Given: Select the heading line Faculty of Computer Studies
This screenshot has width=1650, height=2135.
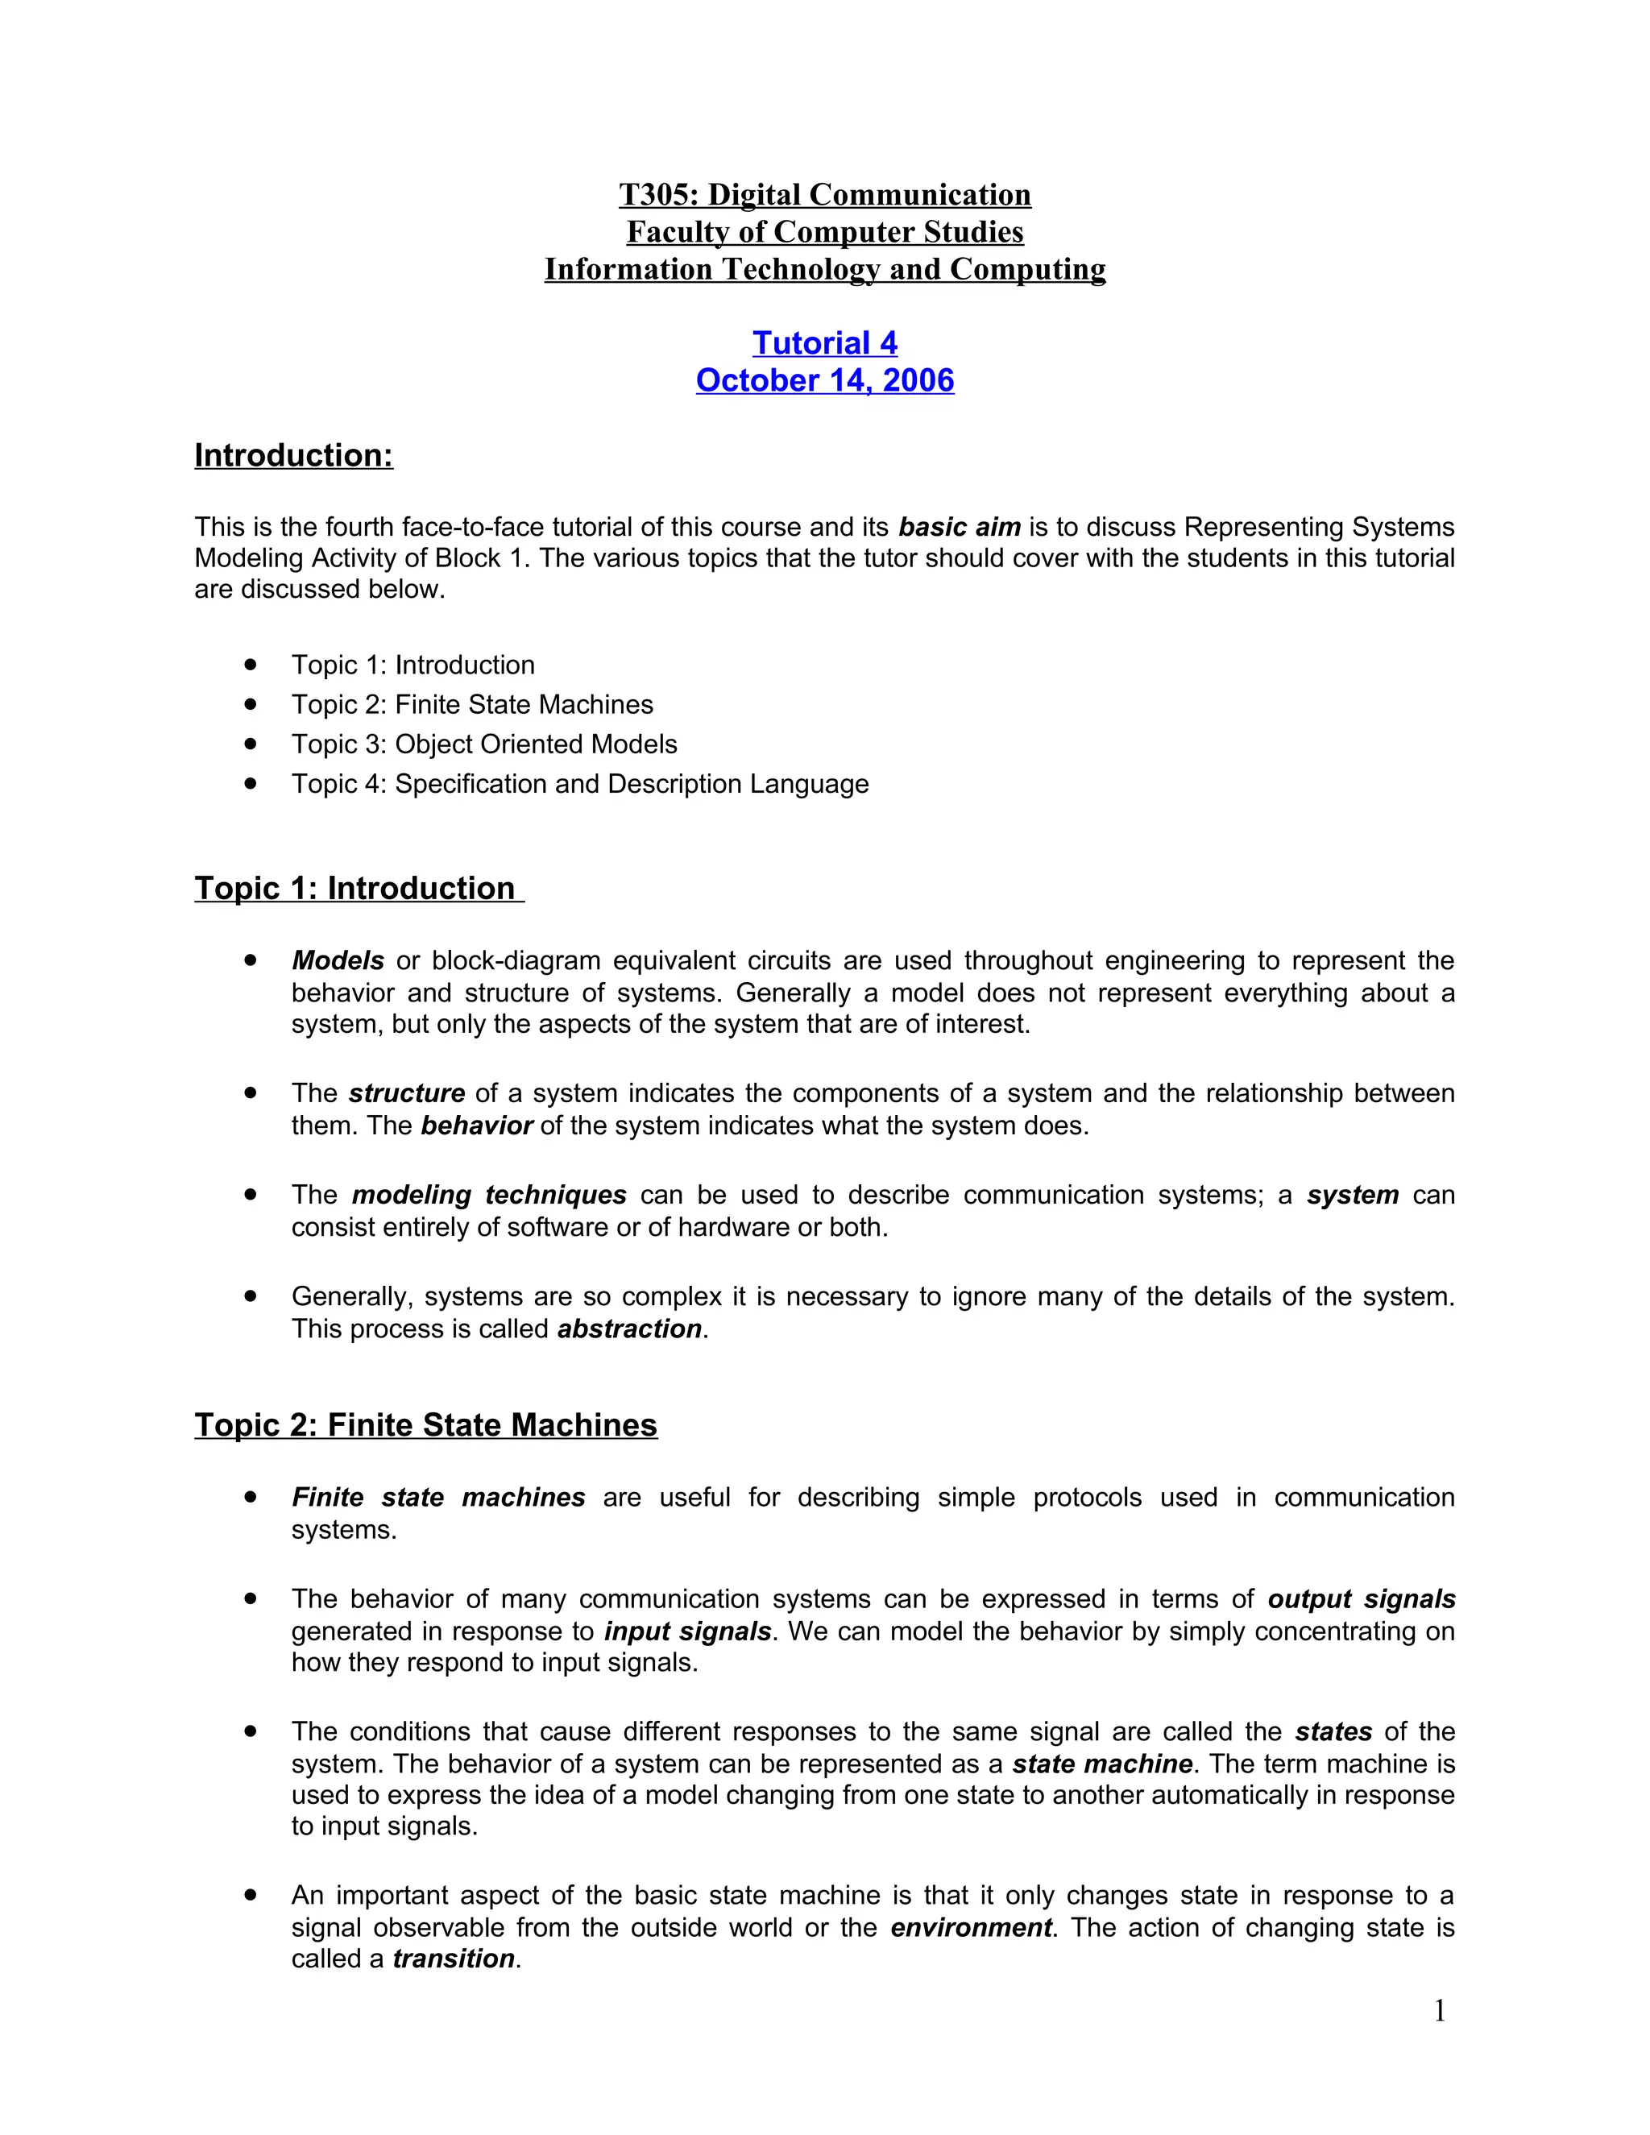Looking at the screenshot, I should pyautogui.click(x=824, y=232).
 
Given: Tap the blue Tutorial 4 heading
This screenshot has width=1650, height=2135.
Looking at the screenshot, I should pyautogui.click(x=824, y=343).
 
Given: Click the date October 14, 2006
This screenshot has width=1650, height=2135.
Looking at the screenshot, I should pyautogui.click(x=824, y=380).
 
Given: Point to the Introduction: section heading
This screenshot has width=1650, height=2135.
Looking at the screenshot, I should pyautogui.click(x=293, y=455).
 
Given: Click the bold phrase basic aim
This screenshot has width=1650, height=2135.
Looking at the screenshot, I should pyautogui.click(x=959, y=527).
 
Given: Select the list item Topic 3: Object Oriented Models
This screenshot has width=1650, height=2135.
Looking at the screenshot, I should pyautogui.click(x=484, y=744).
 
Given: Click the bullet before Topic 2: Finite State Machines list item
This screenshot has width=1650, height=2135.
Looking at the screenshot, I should pyautogui.click(x=251, y=704).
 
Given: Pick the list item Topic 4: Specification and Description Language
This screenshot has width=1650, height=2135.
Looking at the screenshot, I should pyautogui.click(x=579, y=784).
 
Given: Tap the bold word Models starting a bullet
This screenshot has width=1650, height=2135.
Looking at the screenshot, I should pyautogui.click(x=338, y=961).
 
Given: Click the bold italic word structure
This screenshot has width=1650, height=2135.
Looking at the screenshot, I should pyautogui.click(x=407, y=1093).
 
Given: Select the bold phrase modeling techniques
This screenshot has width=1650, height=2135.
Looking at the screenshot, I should pyautogui.click(x=489, y=1195).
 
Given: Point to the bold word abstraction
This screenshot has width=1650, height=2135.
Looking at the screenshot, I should pyautogui.click(x=629, y=1329).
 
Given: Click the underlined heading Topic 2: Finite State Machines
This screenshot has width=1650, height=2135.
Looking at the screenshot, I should pyautogui.click(x=425, y=1424).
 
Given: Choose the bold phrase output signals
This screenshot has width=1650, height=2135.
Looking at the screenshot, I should pyautogui.click(x=1361, y=1599).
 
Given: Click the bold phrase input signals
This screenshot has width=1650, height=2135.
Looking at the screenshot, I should pyautogui.click(x=687, y=1631).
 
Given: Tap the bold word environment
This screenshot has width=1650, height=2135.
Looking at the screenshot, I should pyautogui.click(x=971, y=1928).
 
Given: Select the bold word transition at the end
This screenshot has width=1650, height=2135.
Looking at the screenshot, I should pyautogui.click(x=454, y=1959).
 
